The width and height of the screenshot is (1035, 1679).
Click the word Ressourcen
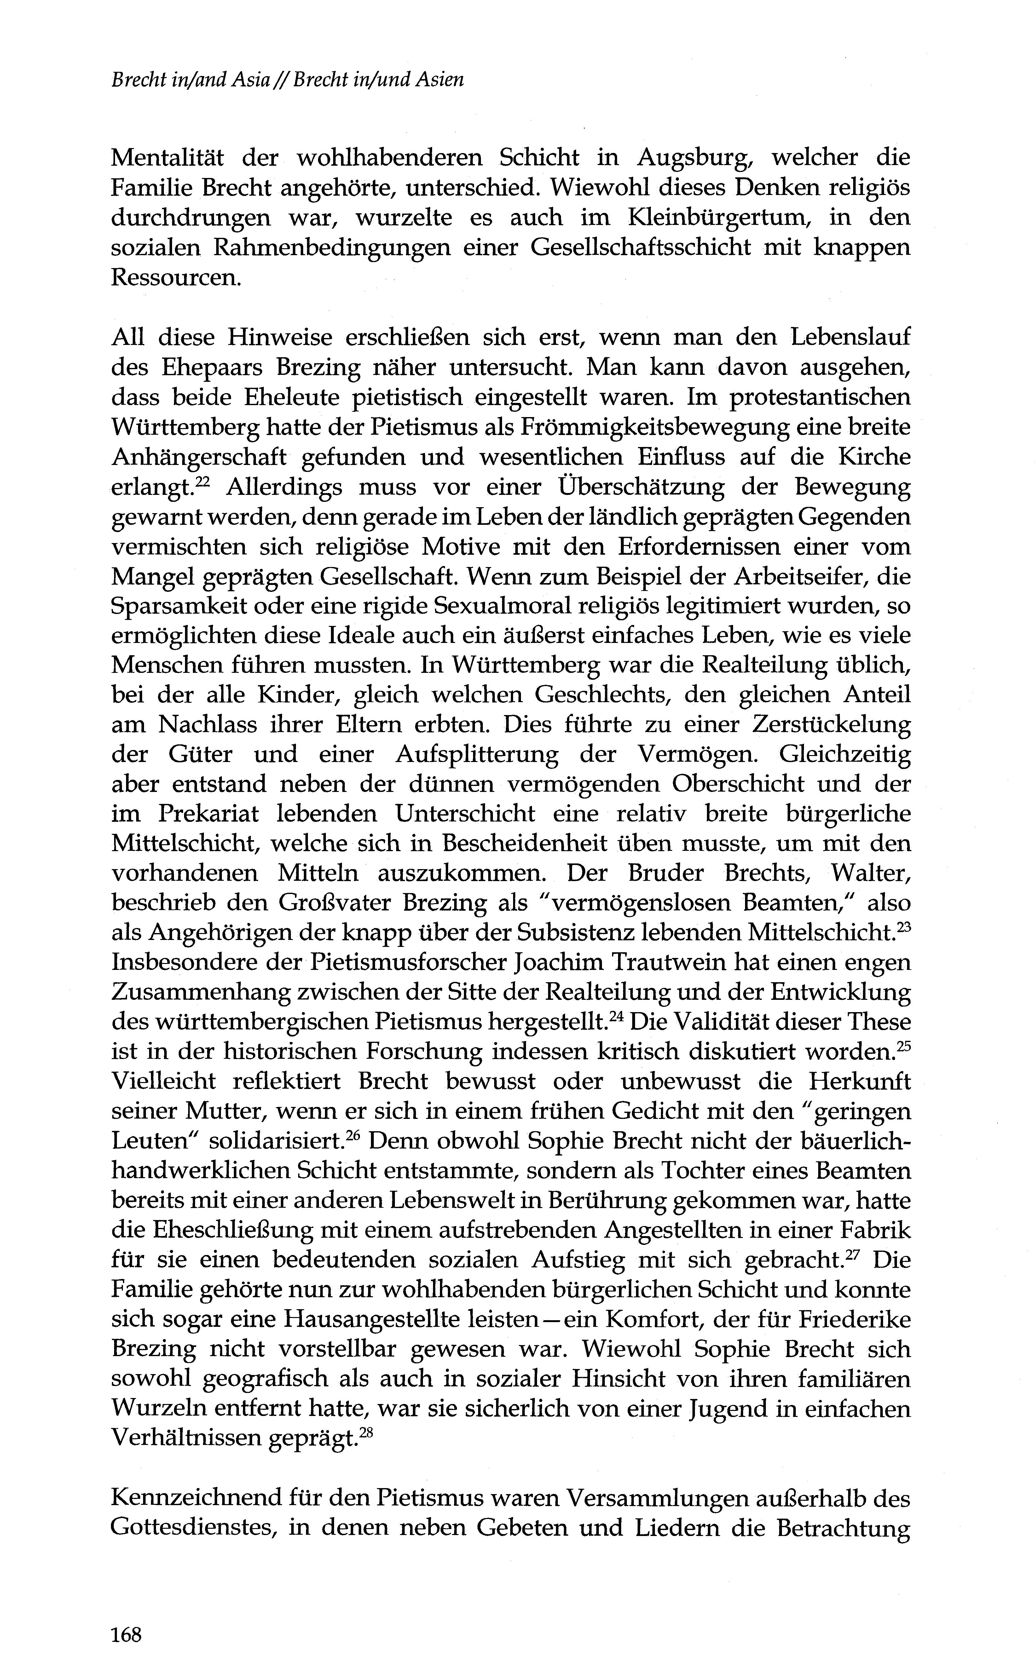pos(176,278)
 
